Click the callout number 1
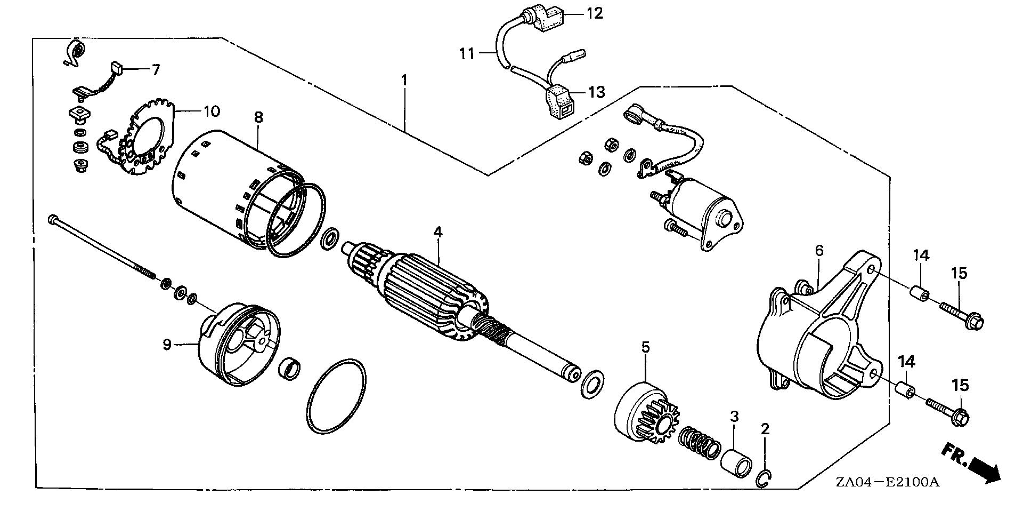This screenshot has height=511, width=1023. pos(404,81)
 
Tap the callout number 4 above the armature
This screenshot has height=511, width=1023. pos(437,232)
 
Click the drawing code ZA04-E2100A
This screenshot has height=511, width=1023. pos(887,483)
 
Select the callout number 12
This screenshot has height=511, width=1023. pos(595,13)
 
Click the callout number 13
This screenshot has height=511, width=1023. pos(597,92)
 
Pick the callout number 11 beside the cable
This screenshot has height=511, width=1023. pos(467,54)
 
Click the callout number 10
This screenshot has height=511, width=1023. pos(212,111)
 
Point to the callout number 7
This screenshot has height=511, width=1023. pos(156,69)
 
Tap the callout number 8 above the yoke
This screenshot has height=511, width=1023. pos(258,117)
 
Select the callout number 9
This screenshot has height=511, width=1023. pos(167,345)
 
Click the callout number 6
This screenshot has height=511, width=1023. pos(819,250)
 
